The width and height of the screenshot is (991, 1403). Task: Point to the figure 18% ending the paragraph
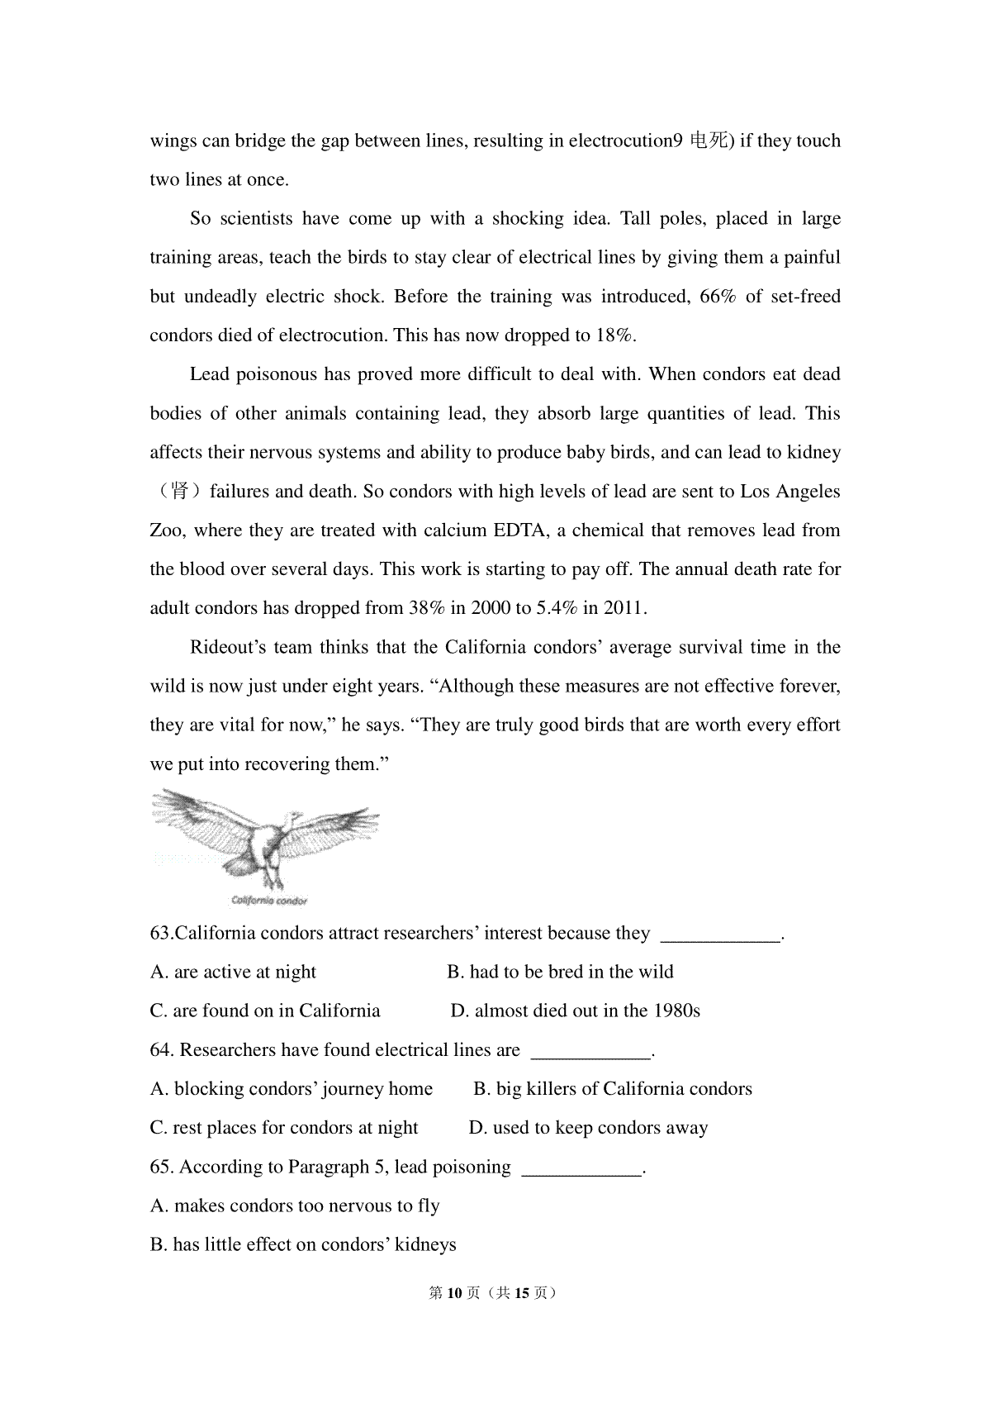pyautogui.click(x=614, y=335)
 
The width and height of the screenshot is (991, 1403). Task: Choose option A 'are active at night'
pyautogui.click(x=234, y=973)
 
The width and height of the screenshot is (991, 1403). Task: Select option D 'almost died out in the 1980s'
pyautogui.click(x=576, y=1011)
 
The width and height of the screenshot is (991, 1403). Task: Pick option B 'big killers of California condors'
pyautogui.click(x=613, y=1089)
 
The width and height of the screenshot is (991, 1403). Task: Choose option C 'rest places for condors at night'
pyautogui.click(x=285, y=1128)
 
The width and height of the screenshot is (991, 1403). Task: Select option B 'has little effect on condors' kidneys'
pyautogui.click(x=303, y=1245)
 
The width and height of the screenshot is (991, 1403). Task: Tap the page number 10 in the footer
pyautogui.click(x=453, y=1293)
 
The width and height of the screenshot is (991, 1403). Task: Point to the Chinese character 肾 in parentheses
pyautogui.click(x=179, y=492)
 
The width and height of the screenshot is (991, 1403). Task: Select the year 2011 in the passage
pyautogui.click(x=624, y=608)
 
